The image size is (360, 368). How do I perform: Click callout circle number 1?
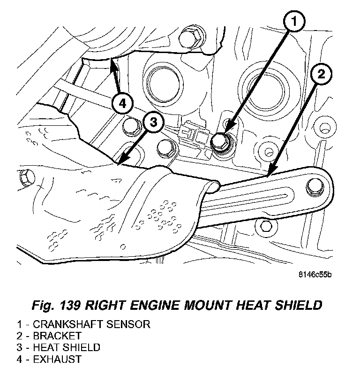[293, 22]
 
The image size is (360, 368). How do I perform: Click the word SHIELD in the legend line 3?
[84, 348]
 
